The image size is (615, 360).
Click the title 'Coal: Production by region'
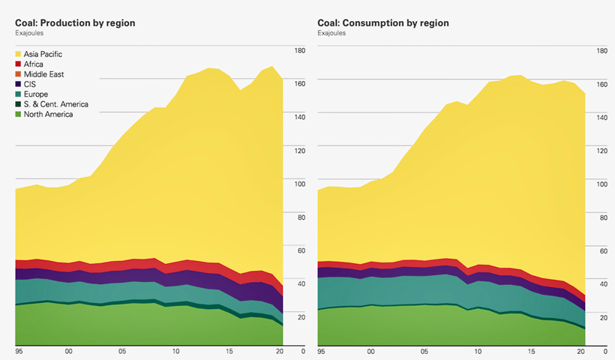click(x=75, y=23)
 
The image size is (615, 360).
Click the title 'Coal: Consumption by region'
click(x=383, y=23)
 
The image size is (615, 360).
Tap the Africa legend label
click(x=34, y=64)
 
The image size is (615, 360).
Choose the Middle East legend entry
click(x=43, y=74)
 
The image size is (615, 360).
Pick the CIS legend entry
click(x=30, y=85)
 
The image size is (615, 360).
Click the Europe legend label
click(x=36, y=94)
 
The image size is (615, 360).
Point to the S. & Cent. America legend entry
click(x=56, y=104)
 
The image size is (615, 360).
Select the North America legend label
click(x=48, y=114)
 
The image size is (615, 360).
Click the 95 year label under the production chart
click(x=19, y=351)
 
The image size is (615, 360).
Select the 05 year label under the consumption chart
click(x=425, y=351)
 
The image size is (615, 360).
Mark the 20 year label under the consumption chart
click(x=580, y=351)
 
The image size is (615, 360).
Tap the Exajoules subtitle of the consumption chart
click(x=332, y=34)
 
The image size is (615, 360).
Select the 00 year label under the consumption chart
click(x=372, y=351)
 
